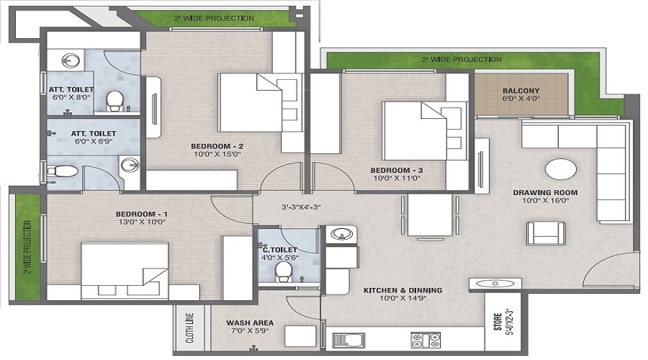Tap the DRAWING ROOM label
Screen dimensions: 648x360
click(x=545, y=193)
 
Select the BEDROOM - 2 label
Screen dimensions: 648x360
click(x=217, y=146)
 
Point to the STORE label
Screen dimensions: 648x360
click(x=498, y=322)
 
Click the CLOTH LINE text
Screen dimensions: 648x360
click(x=189, y=328)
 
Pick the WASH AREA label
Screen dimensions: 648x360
click(x=250, y=323)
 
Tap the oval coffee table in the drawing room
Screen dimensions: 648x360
click(x=561, y=169)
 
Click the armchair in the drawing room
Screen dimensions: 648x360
click(x=546, y=233)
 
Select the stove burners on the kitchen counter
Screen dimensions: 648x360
click(x=426, y=340)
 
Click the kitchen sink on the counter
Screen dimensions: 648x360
click(x=348, y=340)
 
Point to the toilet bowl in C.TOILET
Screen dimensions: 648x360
click(x=284, y=272)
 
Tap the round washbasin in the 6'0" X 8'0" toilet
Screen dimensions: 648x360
click(x=72, y=61)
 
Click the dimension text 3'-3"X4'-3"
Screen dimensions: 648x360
click(x=301, y=207)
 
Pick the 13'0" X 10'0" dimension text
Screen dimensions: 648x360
click(x=142, y=222)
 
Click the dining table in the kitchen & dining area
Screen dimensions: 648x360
click(x=430, y=215)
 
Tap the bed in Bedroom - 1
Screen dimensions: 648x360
click(x=125, y=271)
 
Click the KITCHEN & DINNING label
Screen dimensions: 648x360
click(x=403, y=291)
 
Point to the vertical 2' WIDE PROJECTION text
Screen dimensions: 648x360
click(x=27, y=247)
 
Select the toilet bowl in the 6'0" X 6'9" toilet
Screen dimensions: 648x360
click(x=62, y=171)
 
